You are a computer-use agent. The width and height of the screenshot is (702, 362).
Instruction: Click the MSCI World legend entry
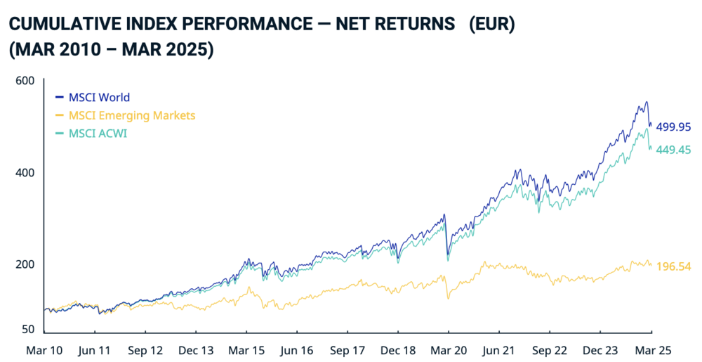click(99, 98)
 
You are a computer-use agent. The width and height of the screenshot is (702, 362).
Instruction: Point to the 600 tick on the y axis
click(25, 81)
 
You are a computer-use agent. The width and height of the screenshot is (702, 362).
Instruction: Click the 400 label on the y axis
click(25, 172)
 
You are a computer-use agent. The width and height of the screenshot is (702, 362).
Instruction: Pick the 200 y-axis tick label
click(25, 264)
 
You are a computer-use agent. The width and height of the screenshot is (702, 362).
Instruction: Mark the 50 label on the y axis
click(27, 329)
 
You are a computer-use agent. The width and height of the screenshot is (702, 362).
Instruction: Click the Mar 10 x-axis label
click(44, 349)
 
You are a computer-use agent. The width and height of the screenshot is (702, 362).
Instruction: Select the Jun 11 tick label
click(95, 349)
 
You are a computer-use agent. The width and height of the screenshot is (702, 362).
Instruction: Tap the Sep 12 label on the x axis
click(145, 349)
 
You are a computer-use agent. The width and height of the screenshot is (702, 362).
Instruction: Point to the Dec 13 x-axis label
click(196, 349)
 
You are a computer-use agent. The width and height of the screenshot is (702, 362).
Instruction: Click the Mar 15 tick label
click(246, 349)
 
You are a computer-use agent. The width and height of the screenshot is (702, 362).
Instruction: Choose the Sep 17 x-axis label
click(348, 349)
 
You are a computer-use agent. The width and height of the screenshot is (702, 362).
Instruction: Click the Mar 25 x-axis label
click(652, 349)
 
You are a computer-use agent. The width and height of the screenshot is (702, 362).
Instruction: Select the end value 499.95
click(673, 127)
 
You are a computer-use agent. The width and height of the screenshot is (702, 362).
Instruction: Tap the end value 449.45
click(673, 149)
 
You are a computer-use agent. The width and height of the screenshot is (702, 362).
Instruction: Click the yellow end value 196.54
click(673, 267)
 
